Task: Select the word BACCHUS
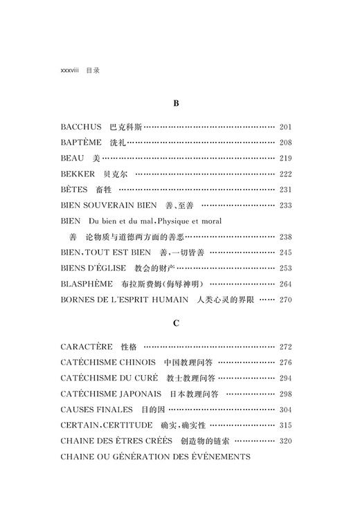pos(81,127)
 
